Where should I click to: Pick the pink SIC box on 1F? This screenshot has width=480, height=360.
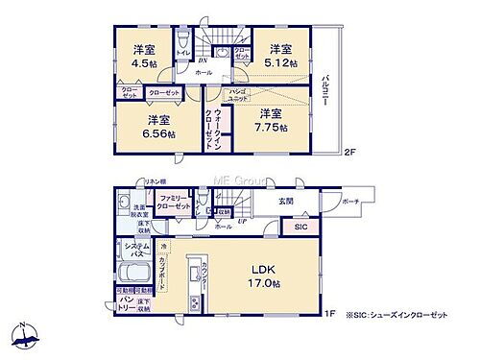coord(300,228)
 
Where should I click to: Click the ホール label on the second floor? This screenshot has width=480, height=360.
coord(204,71)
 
